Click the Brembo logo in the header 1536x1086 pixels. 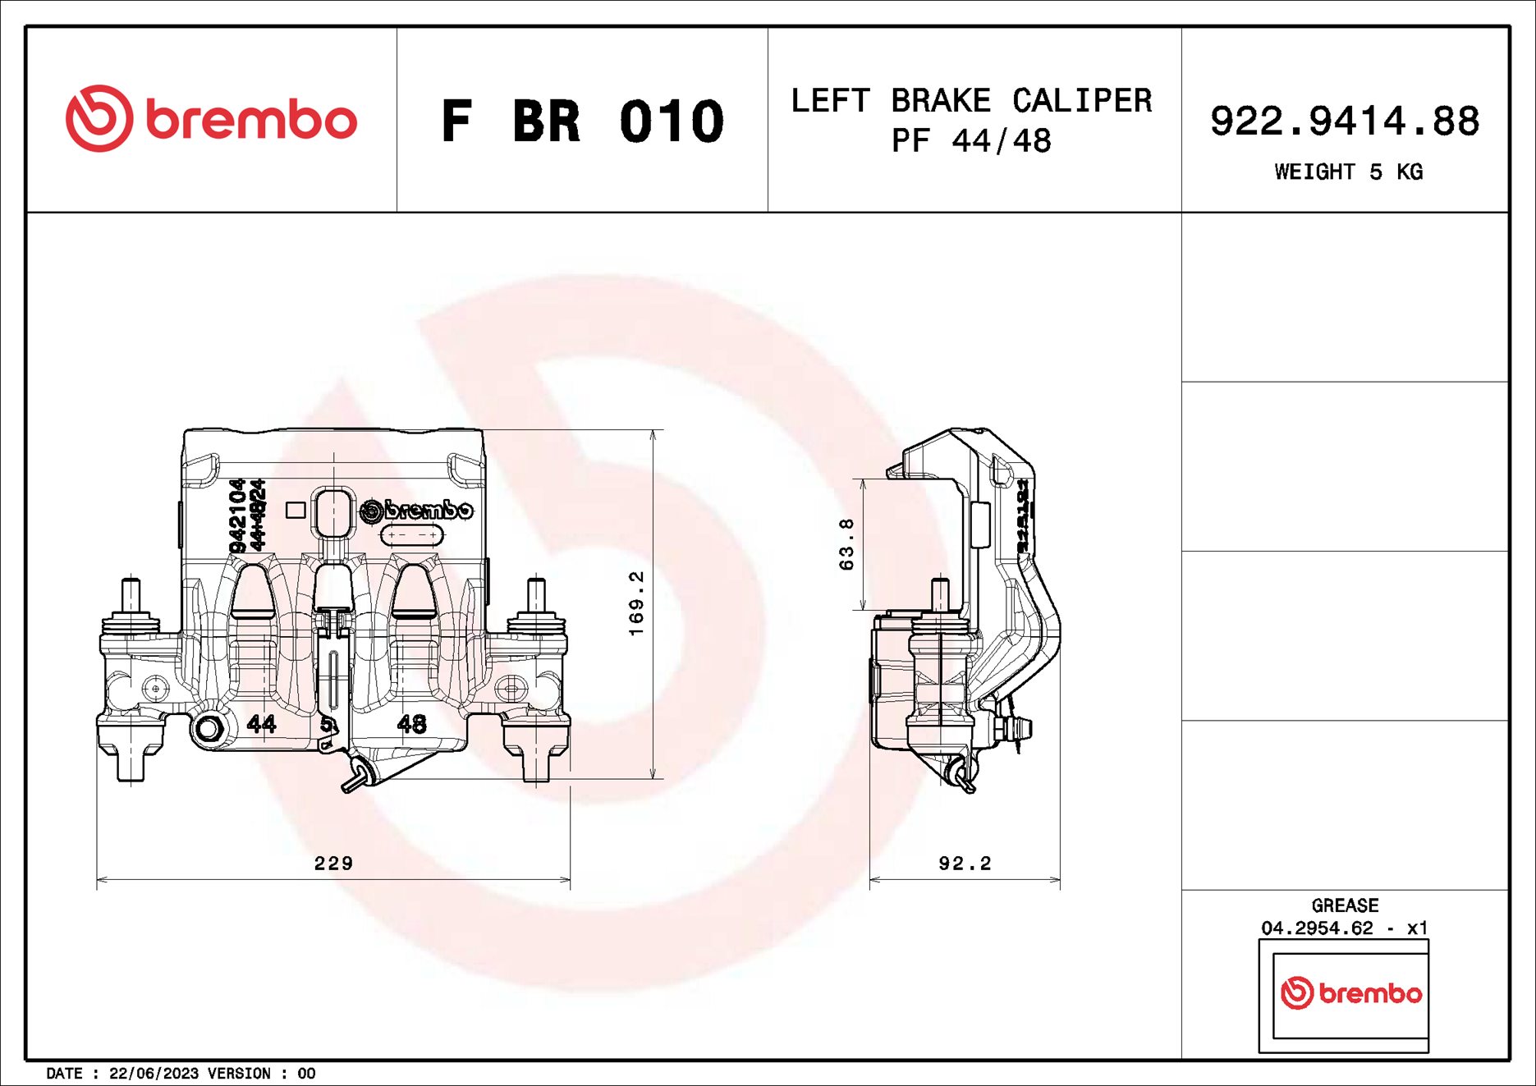211,119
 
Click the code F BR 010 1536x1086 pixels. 582,121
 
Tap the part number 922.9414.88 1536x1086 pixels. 1344,121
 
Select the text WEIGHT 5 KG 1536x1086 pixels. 1348,172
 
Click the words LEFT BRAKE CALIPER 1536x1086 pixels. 971,101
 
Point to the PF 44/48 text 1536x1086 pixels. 971,141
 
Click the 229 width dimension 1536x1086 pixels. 333,863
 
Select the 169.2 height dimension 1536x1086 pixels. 636,603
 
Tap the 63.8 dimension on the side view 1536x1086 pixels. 846,543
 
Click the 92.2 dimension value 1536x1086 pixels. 965,863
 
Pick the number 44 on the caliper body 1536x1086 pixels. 262,723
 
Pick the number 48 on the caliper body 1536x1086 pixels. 411,723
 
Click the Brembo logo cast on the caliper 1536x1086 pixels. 417,510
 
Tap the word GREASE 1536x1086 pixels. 1345,905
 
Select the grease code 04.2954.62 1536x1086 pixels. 1317,928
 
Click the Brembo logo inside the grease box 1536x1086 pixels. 1350,993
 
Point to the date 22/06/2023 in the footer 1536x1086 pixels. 154,1073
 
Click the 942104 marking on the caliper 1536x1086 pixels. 237,516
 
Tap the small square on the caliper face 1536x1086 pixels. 296,510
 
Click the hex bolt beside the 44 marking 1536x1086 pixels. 209,729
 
